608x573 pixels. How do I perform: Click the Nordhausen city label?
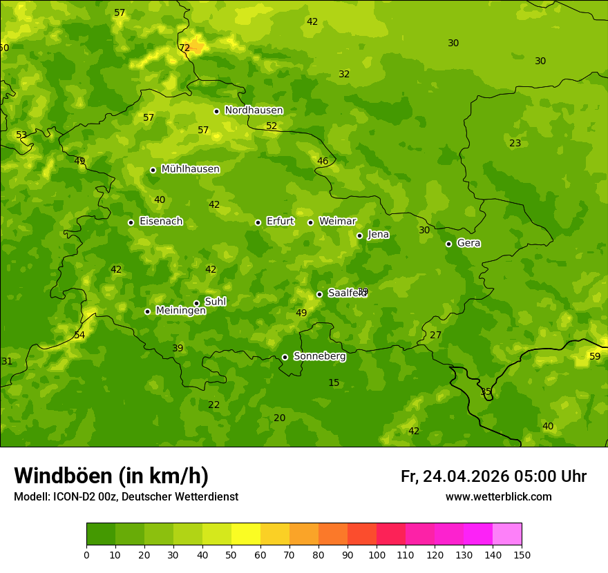click(x=254, y=110)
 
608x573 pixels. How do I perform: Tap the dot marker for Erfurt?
click(x=258, y=222)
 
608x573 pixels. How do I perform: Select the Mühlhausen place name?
click(x=190, y=169)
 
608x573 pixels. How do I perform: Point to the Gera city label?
click(x=468, y=243)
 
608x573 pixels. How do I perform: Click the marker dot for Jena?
click(x=359, y=235)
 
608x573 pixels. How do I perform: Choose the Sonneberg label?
click(x=319, y=356)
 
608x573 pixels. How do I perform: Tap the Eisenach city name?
click(x=161, y=222)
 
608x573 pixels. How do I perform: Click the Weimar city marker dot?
click(x=310, y=222)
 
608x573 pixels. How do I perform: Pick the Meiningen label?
click(x=180, y=311)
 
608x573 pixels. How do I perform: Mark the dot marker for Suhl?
click(x=196, y=303)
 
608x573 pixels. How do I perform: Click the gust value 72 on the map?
click(x=184, y=48)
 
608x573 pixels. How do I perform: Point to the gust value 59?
click(x=595, y=356)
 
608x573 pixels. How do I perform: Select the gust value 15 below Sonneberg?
click(x=334, y=383)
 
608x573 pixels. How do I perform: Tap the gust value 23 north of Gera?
click(x=515, y=143)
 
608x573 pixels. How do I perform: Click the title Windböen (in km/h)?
click(x=111, y=476)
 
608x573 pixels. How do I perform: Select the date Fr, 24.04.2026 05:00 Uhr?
click(x=493, y=476)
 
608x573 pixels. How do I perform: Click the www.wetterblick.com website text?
click(x=498, y=496)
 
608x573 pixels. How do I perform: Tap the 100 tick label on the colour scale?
click(x=377, y=554)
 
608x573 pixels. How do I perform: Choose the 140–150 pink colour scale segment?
click(x=507, y=534)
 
